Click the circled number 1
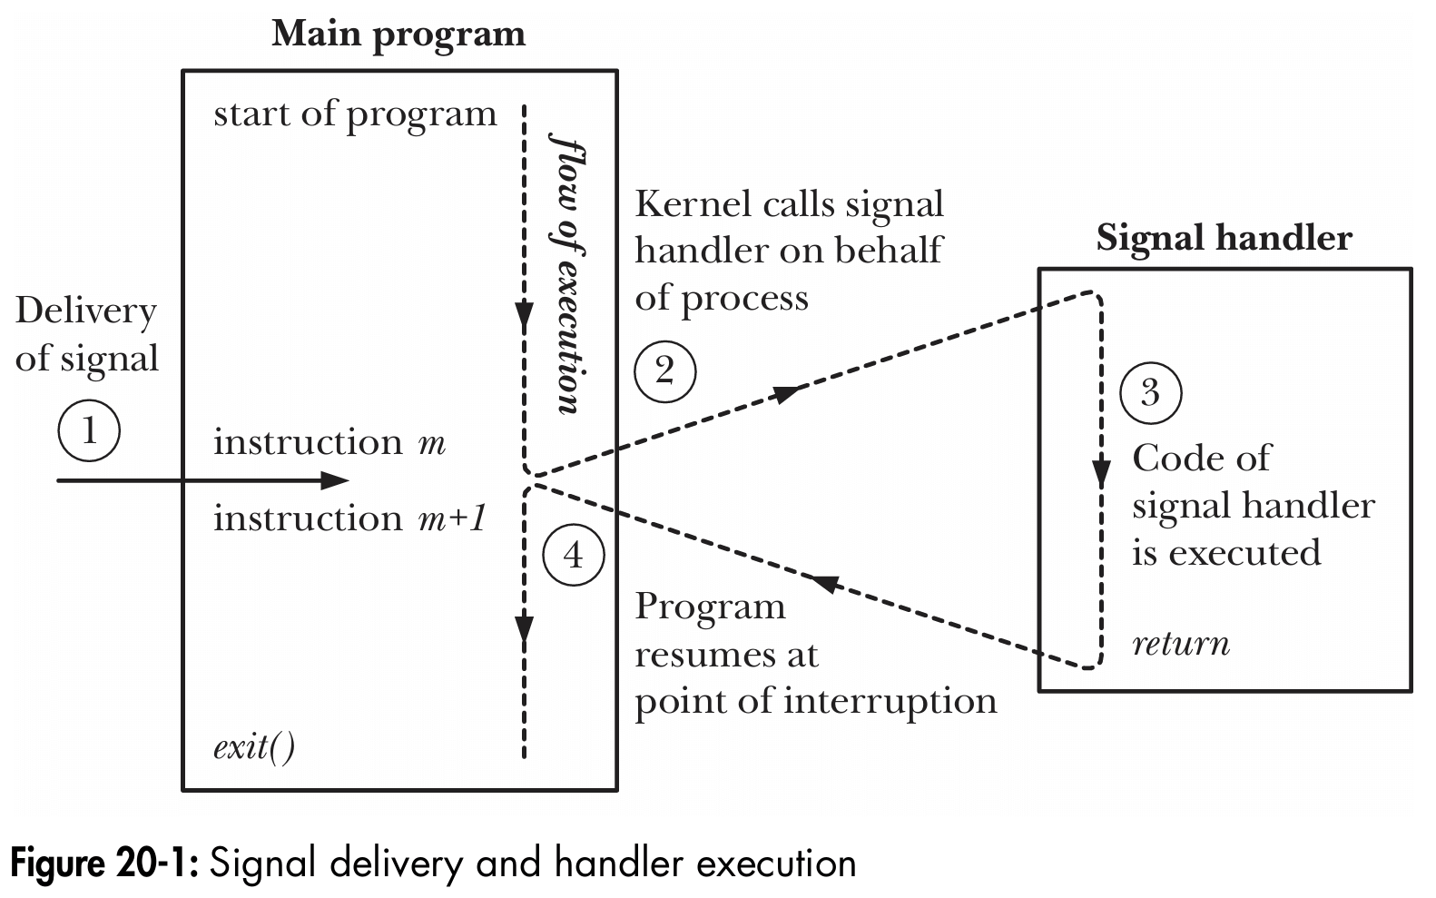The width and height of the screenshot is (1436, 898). click(x=89, y=430)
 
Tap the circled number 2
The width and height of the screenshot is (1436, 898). click(x=664, y=371)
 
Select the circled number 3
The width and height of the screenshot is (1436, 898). click(x=1150, y=393)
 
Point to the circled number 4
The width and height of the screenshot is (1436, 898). click(x=574, y=555)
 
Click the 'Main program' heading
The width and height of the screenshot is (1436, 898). click(x=398, y=35)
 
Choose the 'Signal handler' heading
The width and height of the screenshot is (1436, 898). click(x=1224, y=238)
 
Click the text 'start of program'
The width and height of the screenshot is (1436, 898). click(x=355, y=114)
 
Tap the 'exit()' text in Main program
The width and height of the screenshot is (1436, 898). click(x=253, y=747)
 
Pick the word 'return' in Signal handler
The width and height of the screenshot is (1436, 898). click(x=1180, y=644)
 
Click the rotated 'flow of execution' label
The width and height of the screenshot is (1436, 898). click(x=565, y=273)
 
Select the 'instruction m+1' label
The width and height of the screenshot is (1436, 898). click(x=350, y=518)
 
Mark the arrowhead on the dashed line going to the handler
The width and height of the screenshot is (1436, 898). click(x=787, y=392)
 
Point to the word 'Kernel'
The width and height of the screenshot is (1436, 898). click(x=687, y=203)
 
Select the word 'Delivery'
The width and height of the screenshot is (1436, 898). click(x=86, y=311)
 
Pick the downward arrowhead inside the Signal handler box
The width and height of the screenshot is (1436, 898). click(x=1101, y=474)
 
